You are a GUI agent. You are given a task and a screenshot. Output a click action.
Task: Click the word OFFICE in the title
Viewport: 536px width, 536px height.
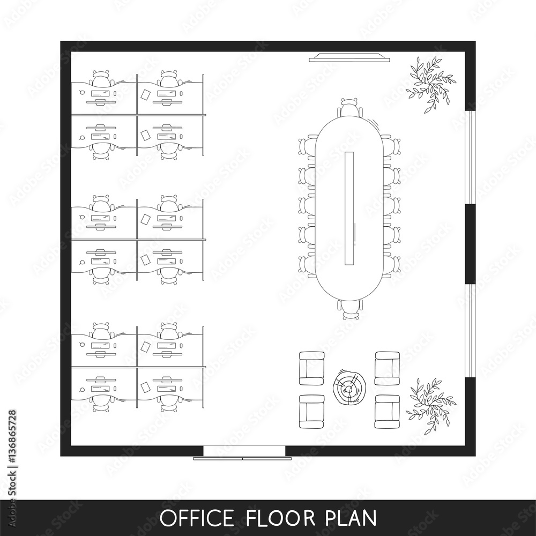click(196, 518)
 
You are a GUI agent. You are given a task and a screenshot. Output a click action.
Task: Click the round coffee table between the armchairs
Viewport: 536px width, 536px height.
click(349, 386)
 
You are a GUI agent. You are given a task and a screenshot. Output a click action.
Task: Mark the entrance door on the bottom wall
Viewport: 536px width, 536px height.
click(243, 453)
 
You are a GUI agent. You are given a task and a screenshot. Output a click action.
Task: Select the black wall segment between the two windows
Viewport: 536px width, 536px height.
click(470, 244)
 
